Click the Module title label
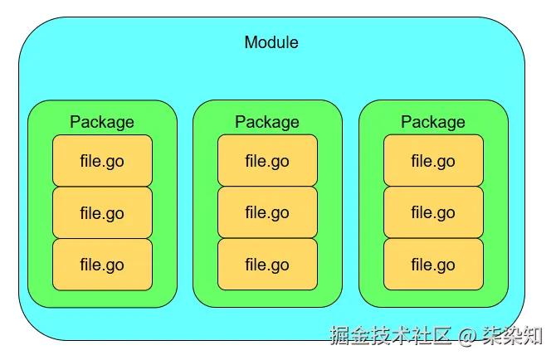[x=271, y=42]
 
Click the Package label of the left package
[x=102, y=122]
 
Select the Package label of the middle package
[x=267, y=122]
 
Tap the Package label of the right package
[x=433, y=122]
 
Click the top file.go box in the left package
[x=102, y=161]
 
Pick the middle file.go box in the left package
[x=102, y=213]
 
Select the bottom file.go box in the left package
[x=102, y=265]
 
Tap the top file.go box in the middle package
[x=267, y=161]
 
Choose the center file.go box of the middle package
[x=267, y=213]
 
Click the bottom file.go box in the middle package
[x=267, y=265]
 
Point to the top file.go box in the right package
[x=433, y=161]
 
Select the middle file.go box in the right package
[x=433, y=213]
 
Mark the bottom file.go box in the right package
[x=433, y=265]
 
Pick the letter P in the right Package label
[x=407, y=122]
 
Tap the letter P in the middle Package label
[x=241, y=122]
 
